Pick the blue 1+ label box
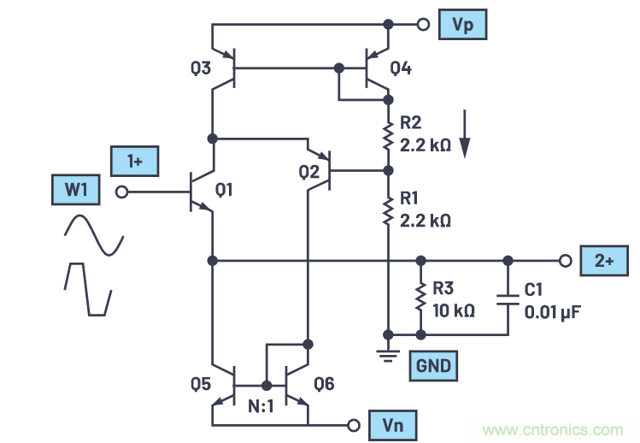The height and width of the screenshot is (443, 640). point(135,160)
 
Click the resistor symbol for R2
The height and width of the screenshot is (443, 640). point(388,133)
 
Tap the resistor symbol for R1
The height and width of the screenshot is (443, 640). point(388,207)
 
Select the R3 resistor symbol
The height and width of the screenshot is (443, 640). point(420,296)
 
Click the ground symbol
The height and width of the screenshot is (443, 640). point(389,352)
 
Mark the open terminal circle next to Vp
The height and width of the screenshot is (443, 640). point(422,25)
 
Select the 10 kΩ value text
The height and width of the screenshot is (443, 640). point(455,310)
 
